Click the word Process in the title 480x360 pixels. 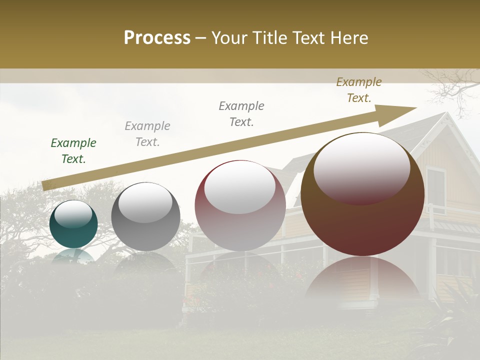(x=157, y=38)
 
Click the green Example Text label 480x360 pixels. (x=73, y=151)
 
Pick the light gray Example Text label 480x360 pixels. (x=147, y=134)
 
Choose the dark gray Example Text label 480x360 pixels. (x=241, y=114)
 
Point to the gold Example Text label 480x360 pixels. (x=359, y=90)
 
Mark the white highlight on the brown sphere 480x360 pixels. (x=361, y=167)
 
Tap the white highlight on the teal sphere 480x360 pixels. (x=73, y=214)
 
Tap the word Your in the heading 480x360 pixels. (x=229, y=38)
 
